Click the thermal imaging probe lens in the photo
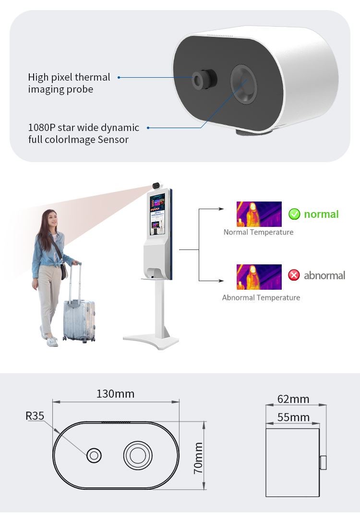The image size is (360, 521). [204, 79]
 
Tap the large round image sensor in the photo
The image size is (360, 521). [243, 83]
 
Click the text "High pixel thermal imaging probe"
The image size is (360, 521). [69, 83]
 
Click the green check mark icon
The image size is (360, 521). [294, 214]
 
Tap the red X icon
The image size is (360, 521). [294, 275]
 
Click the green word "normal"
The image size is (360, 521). [321, 214]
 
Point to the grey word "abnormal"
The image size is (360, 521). [324, 275]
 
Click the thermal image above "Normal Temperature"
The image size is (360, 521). [259, 214]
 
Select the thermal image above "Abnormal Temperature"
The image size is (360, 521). [259, 276]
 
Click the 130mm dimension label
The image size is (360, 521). [115, 394]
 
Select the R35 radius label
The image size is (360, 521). [35, 415]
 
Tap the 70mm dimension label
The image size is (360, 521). [198, 458]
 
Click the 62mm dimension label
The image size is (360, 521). [293, 399]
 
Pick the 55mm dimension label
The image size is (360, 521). [293, 417]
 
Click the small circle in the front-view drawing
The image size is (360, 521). [94, 455]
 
